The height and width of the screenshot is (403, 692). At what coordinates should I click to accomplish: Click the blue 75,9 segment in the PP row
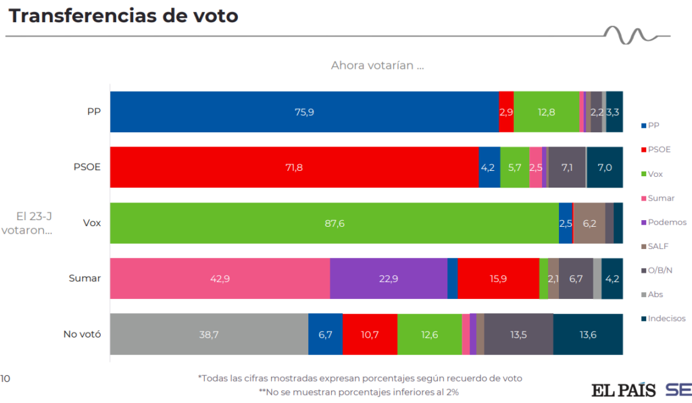(x=304, y=112)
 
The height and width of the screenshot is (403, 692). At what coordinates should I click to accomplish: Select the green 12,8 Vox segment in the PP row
(x=546, y=112)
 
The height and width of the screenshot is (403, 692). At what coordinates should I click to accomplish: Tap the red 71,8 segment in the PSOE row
(x=294, y=167)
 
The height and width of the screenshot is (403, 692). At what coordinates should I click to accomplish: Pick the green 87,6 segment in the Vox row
(x=334, y=223)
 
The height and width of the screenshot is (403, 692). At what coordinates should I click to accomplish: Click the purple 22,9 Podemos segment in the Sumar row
(x=388, y=278)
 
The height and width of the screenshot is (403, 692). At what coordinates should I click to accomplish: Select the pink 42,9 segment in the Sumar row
(x=220, y=278)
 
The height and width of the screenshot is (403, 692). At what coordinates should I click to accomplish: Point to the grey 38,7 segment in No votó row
(x=209, y=333)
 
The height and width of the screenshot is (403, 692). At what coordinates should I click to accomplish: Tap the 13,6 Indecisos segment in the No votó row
(x=588, y=333)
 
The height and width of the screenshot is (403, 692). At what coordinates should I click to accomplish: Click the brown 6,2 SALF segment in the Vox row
(x=589, y=223)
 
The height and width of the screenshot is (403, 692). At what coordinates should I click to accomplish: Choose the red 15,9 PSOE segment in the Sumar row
(x=498, y=278)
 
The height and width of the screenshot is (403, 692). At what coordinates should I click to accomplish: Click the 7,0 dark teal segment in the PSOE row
(x=605, y=167)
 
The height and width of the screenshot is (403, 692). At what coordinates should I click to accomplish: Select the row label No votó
(x=82, y=333)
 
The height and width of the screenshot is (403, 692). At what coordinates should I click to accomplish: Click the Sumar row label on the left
(x=84, y=278)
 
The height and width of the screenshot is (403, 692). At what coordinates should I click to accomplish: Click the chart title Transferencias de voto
(x=123, y=16)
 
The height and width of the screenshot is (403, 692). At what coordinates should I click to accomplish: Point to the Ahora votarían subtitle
(x=377, y=65)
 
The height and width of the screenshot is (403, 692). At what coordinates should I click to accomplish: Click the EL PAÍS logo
(x=624, y=390)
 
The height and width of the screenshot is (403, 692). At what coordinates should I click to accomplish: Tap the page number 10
(x=5, y=378)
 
